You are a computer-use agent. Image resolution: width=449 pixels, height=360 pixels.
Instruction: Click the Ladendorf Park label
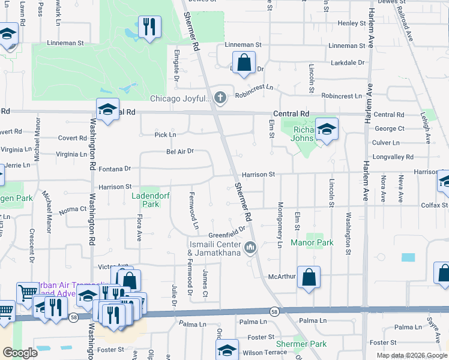[145, 200]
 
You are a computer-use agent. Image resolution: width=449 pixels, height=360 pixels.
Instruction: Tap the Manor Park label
[312, 243]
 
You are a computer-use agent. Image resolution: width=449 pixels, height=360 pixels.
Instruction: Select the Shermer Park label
[301, 344]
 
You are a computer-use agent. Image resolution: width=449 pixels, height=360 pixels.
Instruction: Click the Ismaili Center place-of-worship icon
[250, 247]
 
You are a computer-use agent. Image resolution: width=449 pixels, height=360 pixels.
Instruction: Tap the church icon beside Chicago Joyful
[220, 98]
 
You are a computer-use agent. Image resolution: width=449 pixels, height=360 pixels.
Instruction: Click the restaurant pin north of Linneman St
[148, 27]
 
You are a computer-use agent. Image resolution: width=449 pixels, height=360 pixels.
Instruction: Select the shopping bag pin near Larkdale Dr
[244, 62]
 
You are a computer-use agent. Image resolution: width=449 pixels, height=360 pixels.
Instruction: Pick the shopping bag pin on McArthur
[309, 277]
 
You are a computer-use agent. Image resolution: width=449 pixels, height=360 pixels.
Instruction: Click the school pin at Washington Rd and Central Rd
[107, 110]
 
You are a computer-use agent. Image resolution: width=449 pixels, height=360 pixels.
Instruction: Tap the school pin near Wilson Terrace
[228, 350]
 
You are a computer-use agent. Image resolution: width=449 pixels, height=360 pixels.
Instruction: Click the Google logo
[19, 352]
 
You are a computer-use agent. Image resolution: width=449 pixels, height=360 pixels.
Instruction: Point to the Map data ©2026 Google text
[411, 355]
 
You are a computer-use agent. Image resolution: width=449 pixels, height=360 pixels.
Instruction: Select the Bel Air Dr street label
[180, 151]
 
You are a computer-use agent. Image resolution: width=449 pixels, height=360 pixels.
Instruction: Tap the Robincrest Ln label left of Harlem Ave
[342, 96]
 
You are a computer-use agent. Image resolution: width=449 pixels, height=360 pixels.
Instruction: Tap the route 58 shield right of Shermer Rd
[274, 311]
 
